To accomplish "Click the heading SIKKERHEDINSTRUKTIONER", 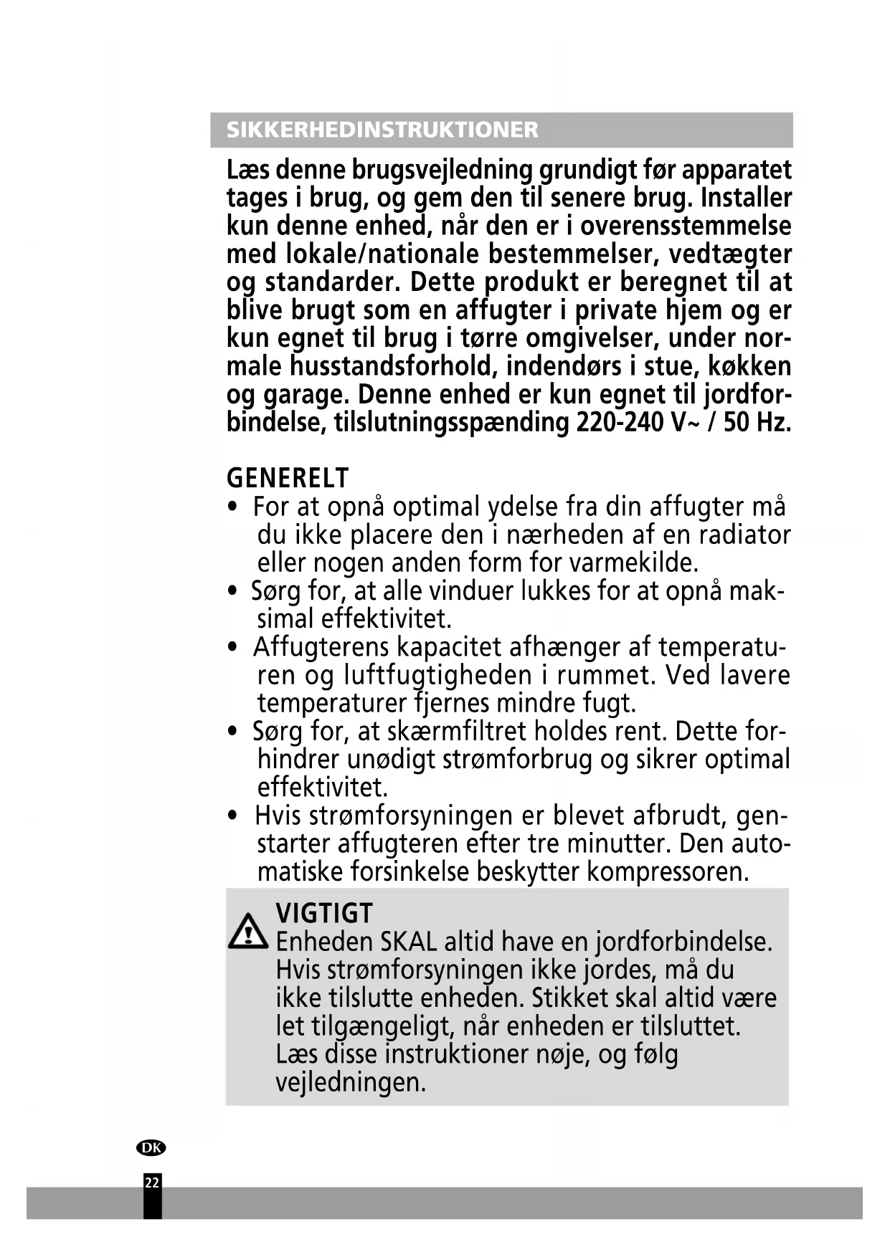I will (x=382, y=130).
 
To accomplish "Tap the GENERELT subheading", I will (x=288, y=477).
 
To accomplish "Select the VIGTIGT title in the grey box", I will (x=324, y=913).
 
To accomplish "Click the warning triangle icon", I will (x=248, y=932).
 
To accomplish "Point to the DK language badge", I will (x=151, y=1147).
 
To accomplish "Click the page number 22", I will (x=152, y=1182).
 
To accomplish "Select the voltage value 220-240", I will (x=620, y=422).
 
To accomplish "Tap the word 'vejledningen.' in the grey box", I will (x=351, y=1081).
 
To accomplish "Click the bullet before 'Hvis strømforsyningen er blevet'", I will (x=232, y=816).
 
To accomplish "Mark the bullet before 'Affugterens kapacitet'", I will (x=232, y=647).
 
